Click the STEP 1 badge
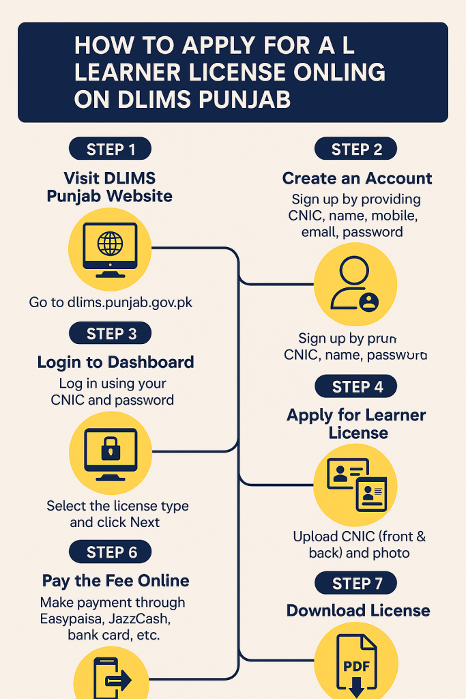pos(110,149)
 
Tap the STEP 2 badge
pos(356,149)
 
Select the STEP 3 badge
pos(110,334)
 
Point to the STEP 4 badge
pos(356,387)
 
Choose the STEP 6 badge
pos(110,552)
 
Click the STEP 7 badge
pos(356,584)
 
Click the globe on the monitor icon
pos(110,244)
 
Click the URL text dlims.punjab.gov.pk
pos(130,302)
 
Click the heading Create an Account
pos(357,179)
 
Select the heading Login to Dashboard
pos(115,362)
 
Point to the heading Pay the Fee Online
pos(115,581)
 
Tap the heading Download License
pos(358,611)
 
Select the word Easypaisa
pos(69,618)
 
